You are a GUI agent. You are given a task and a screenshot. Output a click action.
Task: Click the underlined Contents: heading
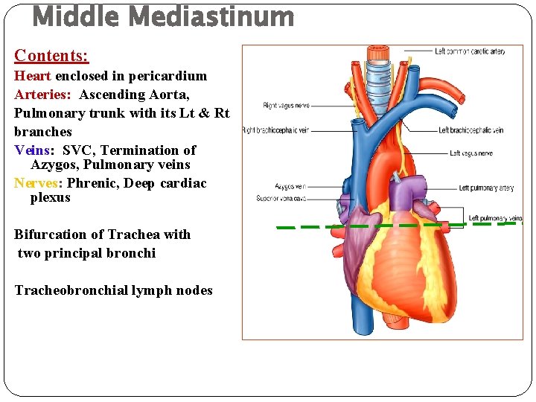[51, 56]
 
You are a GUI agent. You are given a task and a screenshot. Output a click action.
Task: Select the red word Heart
[33, 76]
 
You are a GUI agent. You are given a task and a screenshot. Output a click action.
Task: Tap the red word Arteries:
[43, 95]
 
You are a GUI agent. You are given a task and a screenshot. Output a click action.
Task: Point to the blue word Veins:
[31, 150]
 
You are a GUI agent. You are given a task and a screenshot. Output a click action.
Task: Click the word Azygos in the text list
[54, 165]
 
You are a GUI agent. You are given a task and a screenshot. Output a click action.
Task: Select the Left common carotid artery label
[470, 51]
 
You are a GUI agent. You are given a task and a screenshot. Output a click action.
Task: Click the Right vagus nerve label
[286, 106]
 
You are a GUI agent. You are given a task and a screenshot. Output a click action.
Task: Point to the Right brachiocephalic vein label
[275, 130]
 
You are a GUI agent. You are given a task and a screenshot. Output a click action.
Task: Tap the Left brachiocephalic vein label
[470, 130]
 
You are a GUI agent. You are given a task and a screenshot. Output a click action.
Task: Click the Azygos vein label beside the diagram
[290, 186]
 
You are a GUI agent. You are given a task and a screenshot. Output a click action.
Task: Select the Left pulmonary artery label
[486, 188]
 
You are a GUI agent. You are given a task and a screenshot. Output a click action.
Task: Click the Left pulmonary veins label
[494, 219]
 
